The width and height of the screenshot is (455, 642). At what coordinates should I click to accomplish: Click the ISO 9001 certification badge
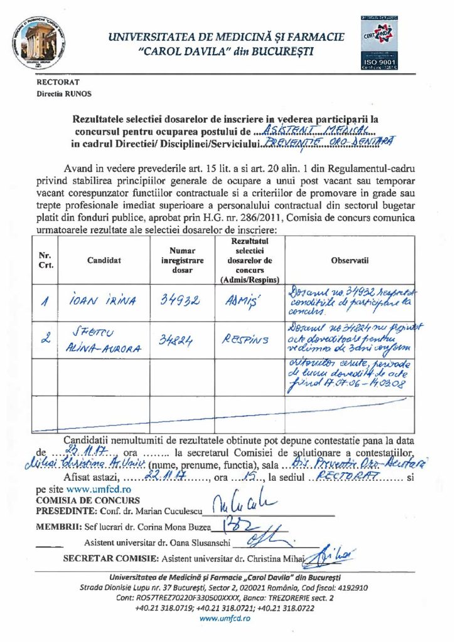tap(378, 44)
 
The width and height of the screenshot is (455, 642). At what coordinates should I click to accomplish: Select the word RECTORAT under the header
tap(58, 82)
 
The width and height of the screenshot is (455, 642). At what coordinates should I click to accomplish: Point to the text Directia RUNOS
tap(63, 93)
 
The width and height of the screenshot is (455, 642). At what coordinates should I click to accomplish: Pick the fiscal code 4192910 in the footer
tap(350, 588)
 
